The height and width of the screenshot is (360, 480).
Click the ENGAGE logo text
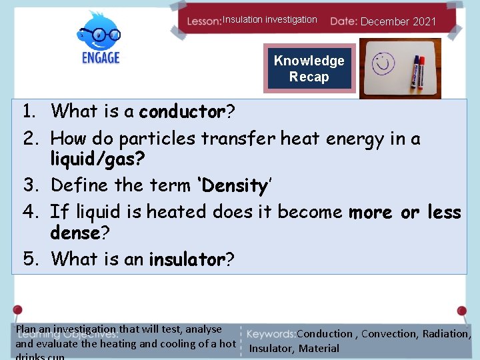tap(100, 57)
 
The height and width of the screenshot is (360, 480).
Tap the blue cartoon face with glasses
tap(100, 31)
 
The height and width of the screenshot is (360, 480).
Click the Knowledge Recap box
tap(309, 69)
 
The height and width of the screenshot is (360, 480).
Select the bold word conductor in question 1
tap(182, 111)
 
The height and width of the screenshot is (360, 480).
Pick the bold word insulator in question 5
tap(187, 259)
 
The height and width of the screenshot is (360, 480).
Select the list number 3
tap(31, 185)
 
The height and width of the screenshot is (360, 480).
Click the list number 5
tap(31, 259)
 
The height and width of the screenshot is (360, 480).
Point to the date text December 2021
tap(398, 21)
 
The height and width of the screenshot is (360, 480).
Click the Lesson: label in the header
tap(204, 21)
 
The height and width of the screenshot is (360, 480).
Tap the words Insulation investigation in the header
tap(269, 20)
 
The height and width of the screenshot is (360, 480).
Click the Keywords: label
tap(271, 334)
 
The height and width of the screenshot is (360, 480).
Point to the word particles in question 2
tap(157, 139)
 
